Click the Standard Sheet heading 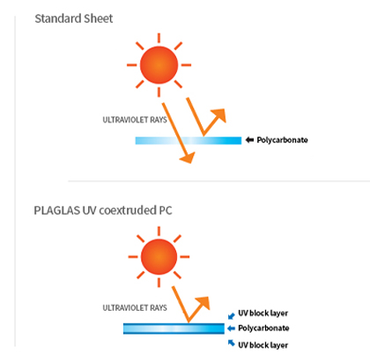[74, 18]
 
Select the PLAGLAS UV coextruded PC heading [103, 210]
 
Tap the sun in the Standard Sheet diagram [159, 65]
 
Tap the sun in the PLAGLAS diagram [159, 257]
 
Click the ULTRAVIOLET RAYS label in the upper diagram [135, 120]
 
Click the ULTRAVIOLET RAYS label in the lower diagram [135, 308]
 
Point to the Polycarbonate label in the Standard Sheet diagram [282, 140]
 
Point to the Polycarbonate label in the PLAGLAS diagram [263, 328]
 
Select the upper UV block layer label [263, 313]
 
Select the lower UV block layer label [263, 345]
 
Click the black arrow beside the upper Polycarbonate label [249, 140]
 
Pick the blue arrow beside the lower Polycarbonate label [232, 328]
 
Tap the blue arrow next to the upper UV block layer [232, 316]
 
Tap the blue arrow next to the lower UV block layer [232, 342]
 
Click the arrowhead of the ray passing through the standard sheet [188, 158]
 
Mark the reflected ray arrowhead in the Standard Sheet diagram [218, 115]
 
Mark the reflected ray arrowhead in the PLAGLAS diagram [203, 303]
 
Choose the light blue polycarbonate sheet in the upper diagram [189, 141]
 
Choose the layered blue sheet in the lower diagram [174, 328]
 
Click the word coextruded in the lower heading [128, 210]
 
